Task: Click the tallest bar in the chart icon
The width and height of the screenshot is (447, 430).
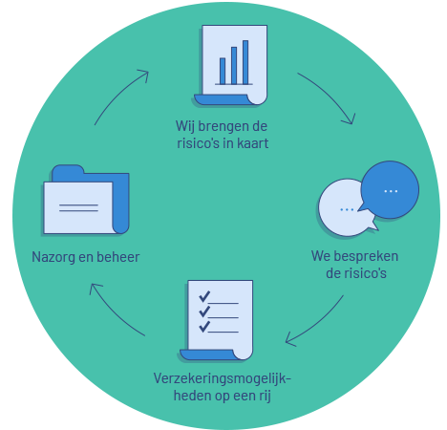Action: click(245, 62)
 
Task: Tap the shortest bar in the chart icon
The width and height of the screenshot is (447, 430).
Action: click(223, 71)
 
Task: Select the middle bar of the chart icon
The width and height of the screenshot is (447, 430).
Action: click(234, 66)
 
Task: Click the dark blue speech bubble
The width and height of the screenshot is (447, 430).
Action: click(390, 190)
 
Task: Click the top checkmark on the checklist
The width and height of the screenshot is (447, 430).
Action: click(204, 296)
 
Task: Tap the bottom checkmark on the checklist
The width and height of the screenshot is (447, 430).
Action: click(204, 327)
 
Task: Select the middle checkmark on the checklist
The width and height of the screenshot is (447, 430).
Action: click(204, 312)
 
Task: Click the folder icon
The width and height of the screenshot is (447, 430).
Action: click(86, 200)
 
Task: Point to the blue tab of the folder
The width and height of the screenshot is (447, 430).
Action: click(68, 170)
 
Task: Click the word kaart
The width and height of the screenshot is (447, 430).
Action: click(253, 143)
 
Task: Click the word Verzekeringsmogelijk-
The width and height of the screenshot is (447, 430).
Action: click(222, 378)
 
